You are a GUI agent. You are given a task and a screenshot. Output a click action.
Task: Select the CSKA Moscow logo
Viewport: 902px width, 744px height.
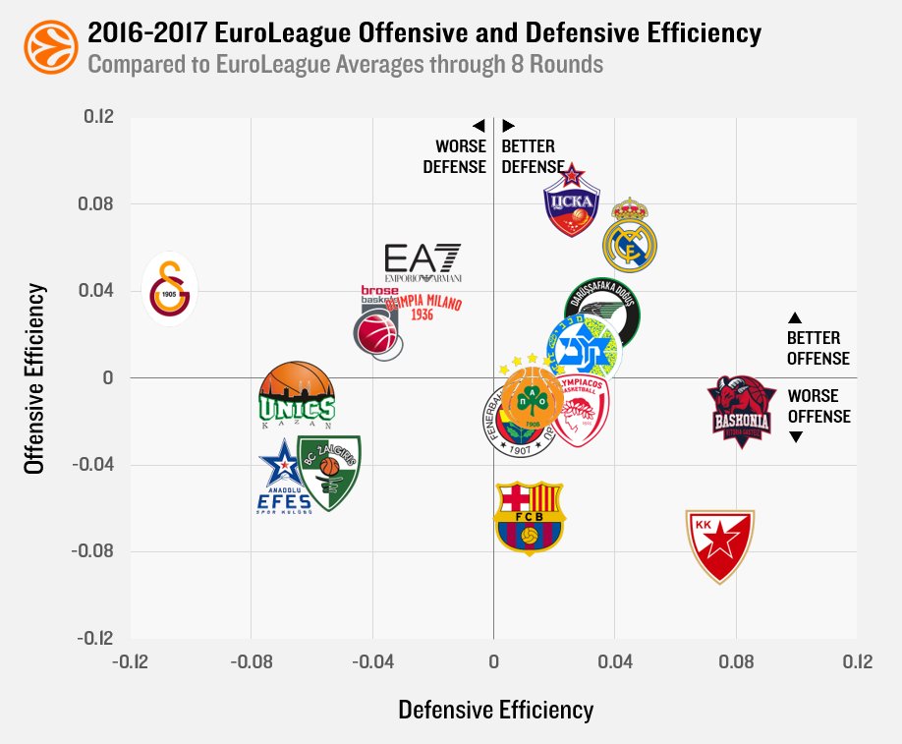(572, 201)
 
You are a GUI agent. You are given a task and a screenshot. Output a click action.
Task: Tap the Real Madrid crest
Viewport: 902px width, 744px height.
(629, 236)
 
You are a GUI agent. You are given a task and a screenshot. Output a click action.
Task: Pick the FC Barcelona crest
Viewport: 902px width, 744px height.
(530, 518)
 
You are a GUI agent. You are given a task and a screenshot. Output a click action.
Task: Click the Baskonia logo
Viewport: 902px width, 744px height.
(742, 411)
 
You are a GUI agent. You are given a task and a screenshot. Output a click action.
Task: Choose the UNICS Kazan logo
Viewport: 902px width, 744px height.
(296, 396)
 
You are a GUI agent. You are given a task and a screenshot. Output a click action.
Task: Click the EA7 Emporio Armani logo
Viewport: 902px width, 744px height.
(422, 263)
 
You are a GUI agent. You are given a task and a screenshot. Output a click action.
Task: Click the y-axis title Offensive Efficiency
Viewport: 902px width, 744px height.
(35, 379)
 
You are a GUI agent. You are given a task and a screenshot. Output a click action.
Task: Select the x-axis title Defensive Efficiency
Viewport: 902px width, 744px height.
(495, 709)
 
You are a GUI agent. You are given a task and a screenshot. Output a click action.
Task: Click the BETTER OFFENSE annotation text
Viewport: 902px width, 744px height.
(817, 348)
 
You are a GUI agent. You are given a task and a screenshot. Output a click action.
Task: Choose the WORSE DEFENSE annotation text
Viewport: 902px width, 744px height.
(455, 156)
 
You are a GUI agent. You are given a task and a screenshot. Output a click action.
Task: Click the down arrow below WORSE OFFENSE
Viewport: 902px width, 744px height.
(796, 437)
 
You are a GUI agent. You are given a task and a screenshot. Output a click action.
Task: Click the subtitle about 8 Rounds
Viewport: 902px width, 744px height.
(345, 65)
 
